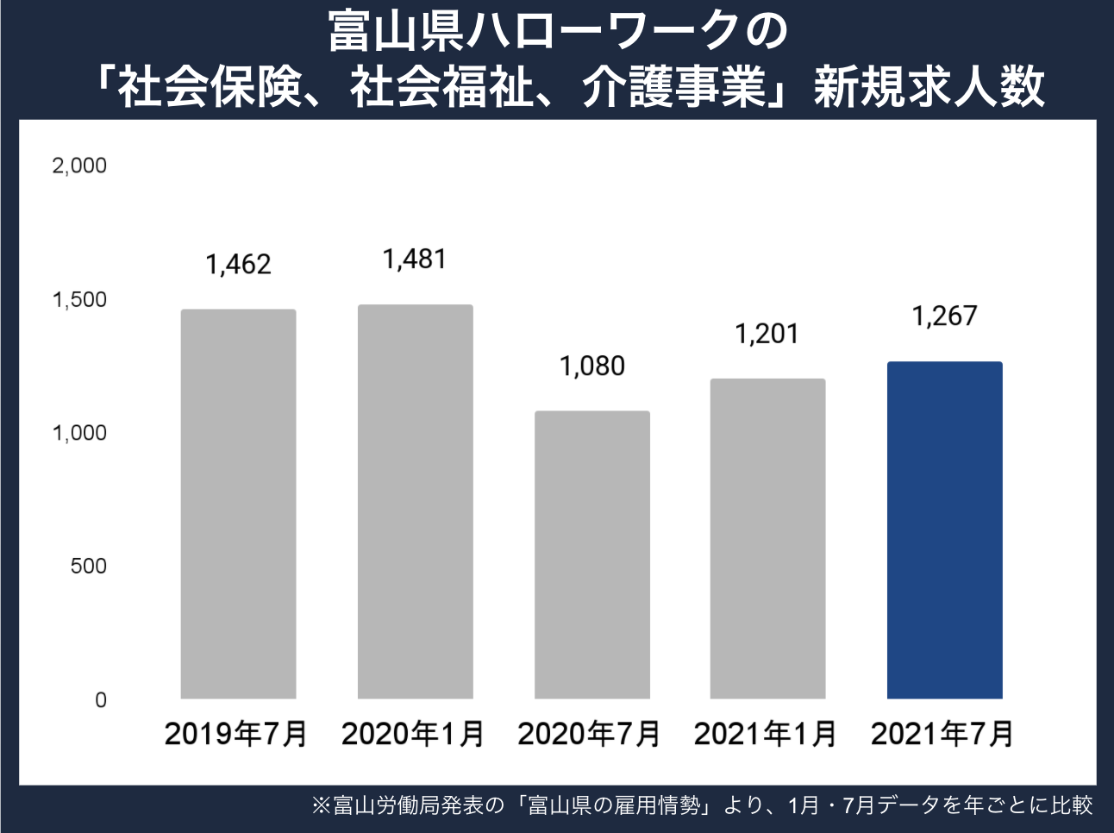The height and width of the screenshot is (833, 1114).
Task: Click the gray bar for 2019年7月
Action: point(238,504)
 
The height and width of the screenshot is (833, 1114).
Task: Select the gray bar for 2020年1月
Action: point(415,501)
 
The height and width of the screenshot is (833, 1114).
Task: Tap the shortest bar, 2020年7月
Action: point(591,554)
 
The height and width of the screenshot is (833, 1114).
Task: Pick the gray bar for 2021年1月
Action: point(767,538)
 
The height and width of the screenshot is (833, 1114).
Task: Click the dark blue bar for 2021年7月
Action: point(944,529)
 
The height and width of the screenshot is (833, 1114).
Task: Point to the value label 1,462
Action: point(238,265)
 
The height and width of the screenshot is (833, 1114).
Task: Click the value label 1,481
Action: point(415,259)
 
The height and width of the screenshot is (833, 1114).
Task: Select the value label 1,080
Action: point(591,366)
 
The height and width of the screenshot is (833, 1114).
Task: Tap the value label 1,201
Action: point(767,334)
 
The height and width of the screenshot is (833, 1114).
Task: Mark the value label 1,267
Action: point(944,316)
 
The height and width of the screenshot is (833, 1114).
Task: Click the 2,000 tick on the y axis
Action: point(79,166)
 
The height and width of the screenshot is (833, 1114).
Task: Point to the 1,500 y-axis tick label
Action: point(79,299)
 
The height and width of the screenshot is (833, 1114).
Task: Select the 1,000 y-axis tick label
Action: point(79,433)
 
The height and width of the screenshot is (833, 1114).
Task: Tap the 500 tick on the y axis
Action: point(88,567)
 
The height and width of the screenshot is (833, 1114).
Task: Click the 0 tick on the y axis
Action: point(100,700)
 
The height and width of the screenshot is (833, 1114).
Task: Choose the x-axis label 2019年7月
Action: point(235,734)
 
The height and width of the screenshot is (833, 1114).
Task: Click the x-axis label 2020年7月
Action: point(589,734)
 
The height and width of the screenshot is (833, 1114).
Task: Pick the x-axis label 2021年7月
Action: point(942,734)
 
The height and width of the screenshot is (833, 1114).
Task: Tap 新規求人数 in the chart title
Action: point(929,87)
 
